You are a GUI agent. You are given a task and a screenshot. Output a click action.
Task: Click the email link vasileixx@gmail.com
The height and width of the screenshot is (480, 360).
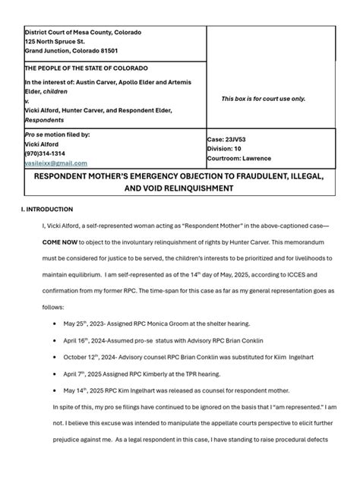56,163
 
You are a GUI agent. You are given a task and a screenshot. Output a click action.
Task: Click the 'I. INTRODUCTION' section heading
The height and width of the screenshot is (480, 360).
47,209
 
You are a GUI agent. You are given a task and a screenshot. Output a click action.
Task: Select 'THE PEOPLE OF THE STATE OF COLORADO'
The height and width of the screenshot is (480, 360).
83,68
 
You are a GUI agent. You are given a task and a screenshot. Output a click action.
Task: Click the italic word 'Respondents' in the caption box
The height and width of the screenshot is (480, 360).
45,120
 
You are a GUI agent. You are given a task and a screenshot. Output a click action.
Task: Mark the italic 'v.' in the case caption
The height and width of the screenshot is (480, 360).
27,101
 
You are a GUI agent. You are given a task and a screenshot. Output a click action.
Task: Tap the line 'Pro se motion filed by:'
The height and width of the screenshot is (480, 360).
58,134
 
